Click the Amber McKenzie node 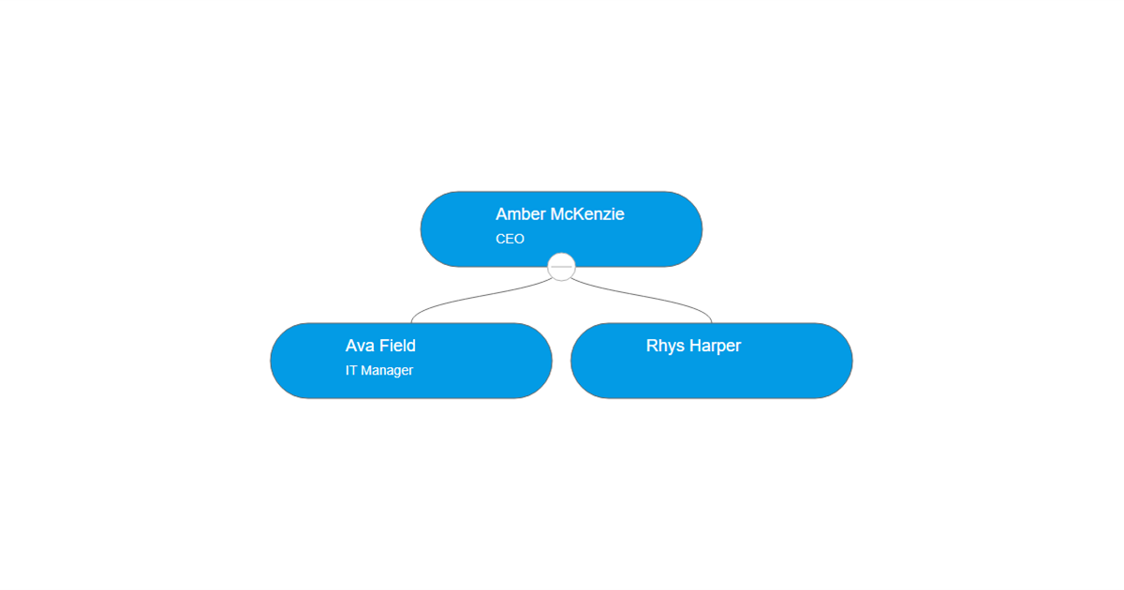[561, 229]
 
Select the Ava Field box [411, 361]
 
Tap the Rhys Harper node [712, 361]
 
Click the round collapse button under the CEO [561, 267]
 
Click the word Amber [521, 214]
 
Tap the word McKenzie [587, 214]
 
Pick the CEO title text [510, 239]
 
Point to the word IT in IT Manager [350, 370]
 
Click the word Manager [387, 371]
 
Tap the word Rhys [665, 347]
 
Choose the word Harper [715, 347]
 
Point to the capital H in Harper [695, 346]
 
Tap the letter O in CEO [519, 239]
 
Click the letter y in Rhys [672, 347]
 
